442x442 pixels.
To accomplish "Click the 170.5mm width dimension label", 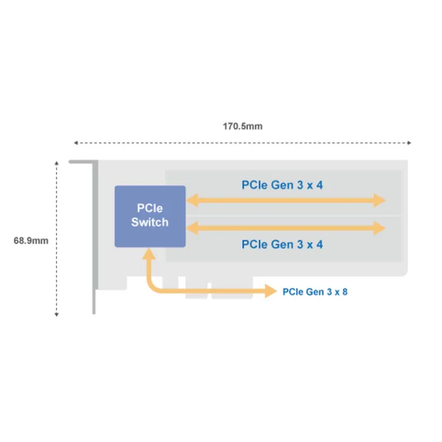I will (242, 126).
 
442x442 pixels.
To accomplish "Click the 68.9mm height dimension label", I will (31, 240).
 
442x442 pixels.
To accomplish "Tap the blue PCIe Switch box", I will (149, 216).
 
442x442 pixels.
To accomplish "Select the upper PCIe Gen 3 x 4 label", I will (282, 185).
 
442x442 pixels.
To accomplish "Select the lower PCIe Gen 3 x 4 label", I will (282, 244).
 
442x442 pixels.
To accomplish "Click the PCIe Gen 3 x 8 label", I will (315, 292).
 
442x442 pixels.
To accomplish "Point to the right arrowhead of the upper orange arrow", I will (380, 200).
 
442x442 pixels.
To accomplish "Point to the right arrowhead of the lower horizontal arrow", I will (380, 227).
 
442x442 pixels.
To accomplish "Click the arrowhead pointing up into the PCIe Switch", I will (149, 254).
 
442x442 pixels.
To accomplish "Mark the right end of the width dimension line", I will (411, 143).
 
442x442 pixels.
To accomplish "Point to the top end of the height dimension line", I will (57, 162).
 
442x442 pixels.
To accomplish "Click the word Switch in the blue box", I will (149, 222).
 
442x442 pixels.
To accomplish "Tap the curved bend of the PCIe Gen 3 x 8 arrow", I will (153, 288).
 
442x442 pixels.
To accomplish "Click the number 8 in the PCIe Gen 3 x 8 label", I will (345, 292).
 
